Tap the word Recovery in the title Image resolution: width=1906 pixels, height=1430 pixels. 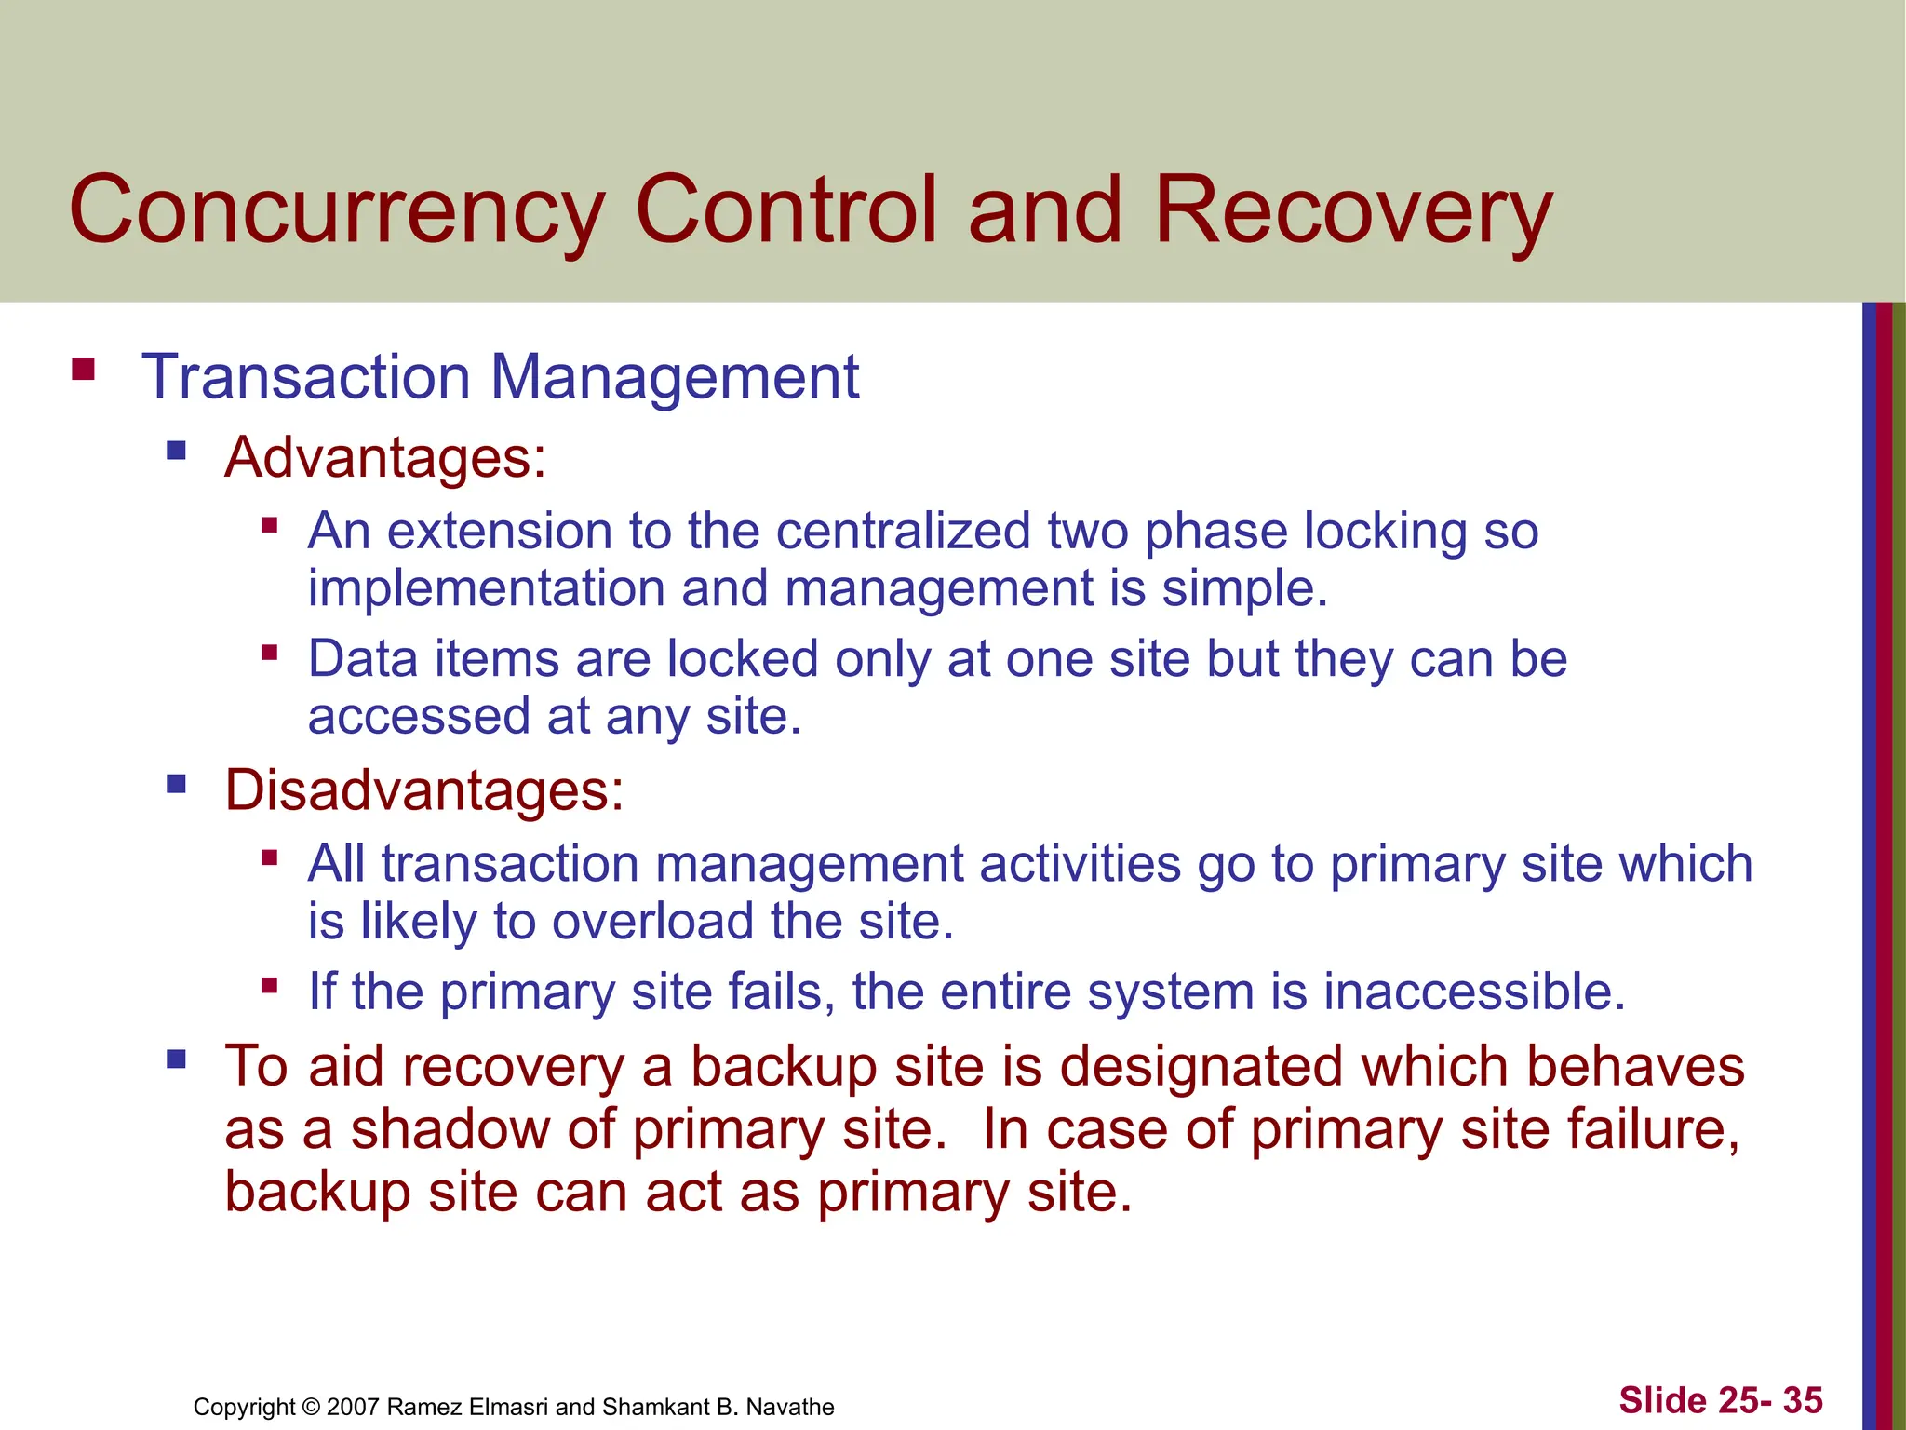[x=1353, y=211]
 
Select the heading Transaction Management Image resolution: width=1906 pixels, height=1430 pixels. [x=500, y=377]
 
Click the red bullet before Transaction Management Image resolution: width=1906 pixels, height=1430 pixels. [x=84, y=370]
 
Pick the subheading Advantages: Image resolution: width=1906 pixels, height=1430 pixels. [x=385, y=458]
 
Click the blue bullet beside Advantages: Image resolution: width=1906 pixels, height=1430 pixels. [x=176, y=452]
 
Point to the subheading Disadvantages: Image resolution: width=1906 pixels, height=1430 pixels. [x=424, y=790]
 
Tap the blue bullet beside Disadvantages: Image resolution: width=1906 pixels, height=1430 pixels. [x=176, y=784]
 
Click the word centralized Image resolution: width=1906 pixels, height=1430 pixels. [x=903, y=531]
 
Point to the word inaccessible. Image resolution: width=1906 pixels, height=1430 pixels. [x=1474, y=991]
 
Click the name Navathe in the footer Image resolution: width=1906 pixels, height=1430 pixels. [x=790, y=1407]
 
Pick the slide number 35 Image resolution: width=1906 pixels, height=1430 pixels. [x=1802, y=1400]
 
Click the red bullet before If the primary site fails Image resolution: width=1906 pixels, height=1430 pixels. [x=270, y=984]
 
